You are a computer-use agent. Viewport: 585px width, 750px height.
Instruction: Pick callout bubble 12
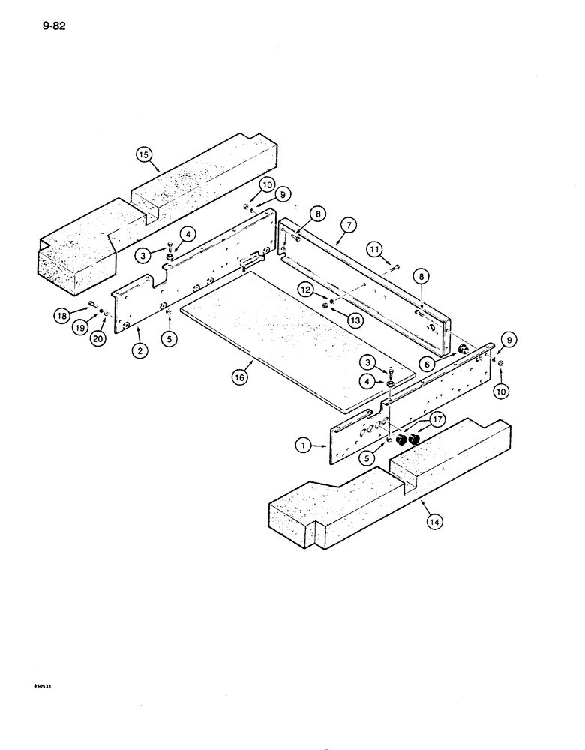(304, 288)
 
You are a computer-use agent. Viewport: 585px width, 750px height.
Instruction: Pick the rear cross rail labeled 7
(367, 277)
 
